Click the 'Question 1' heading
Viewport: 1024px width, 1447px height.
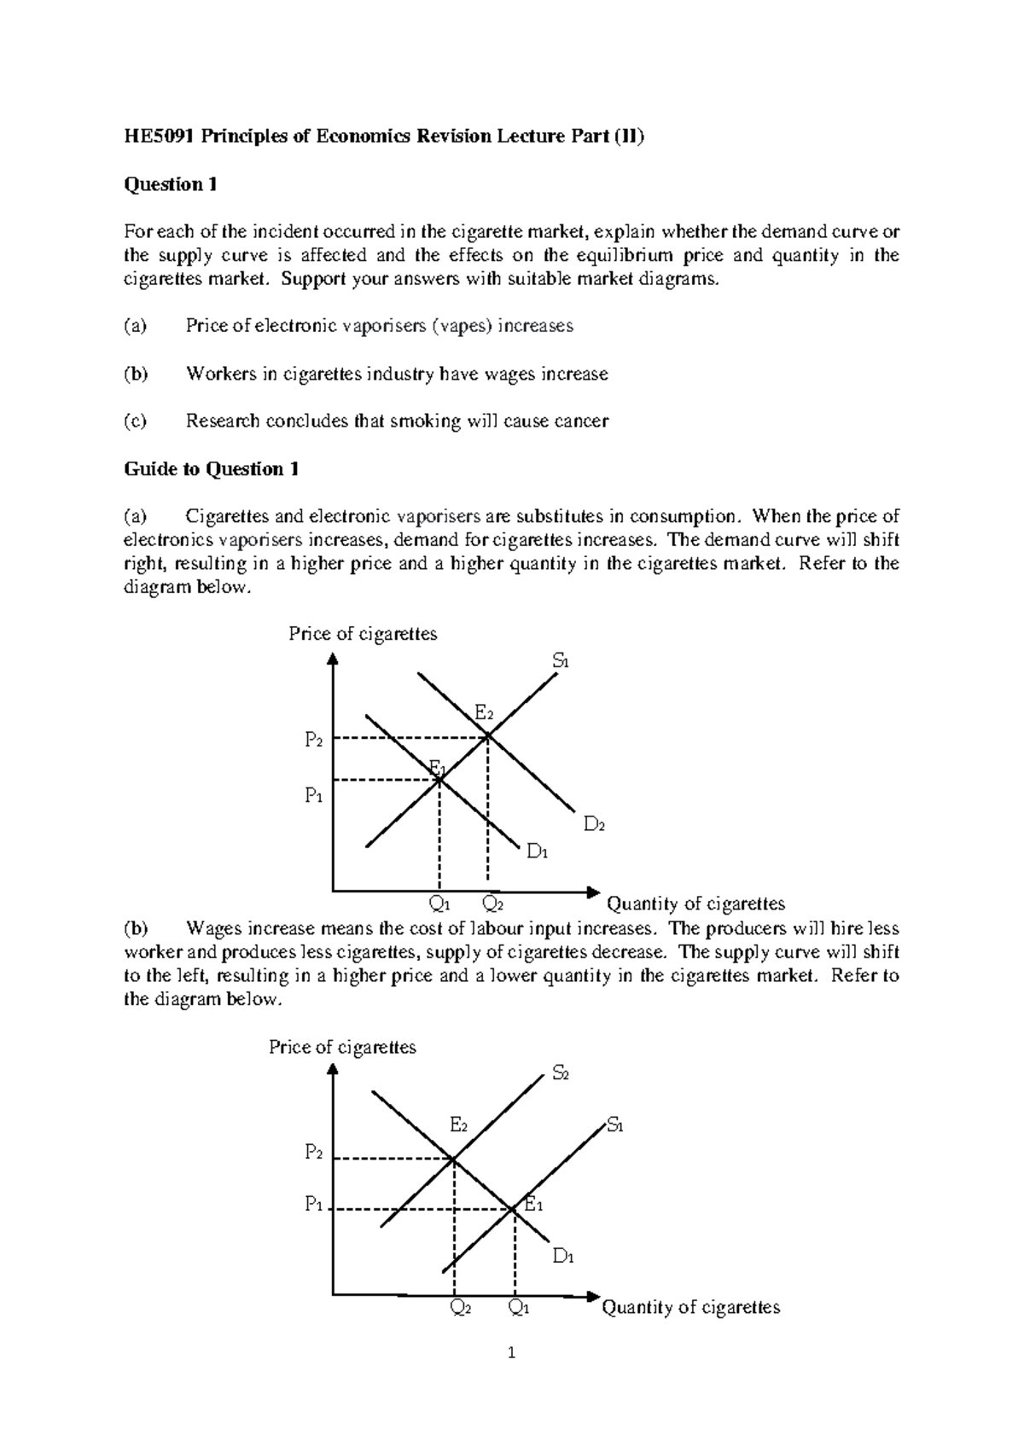pyautogui.click(x=165, y=184)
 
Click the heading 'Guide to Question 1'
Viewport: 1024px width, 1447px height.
pyautogui.click(x=211, y=468)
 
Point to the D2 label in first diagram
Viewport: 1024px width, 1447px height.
pyautogui.click(x=594, y=824)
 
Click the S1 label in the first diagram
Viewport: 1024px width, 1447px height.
pyautogui.click(x=560, y=660)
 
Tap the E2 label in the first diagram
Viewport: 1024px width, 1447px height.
pyautogui.click(x=484, y=712)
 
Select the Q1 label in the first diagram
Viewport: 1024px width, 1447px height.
pyautogui.click(x=439, y=904)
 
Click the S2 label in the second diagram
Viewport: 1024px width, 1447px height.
pyautogui.click(x=561, y=1073)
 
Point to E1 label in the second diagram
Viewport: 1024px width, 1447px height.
pyautogui.click(x=533, y=1205)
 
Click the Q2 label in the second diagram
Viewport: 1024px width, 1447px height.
pyautogui.click(x=460, y=1308)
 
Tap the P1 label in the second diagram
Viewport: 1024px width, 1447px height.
pyautogui.click(x=314, y=1206)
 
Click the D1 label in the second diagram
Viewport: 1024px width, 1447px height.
pyautogui.click(x=562, y=1256)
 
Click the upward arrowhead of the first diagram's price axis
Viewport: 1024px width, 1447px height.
pyautogui.click(x=333, y=660)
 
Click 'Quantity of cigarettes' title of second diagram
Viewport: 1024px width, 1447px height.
pyautogui.click(x=691, y=1307)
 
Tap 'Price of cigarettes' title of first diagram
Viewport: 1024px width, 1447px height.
pyautogui.click(x=363, y=633)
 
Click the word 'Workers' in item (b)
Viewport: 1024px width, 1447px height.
pyautogui.click(x=217, y=374)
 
